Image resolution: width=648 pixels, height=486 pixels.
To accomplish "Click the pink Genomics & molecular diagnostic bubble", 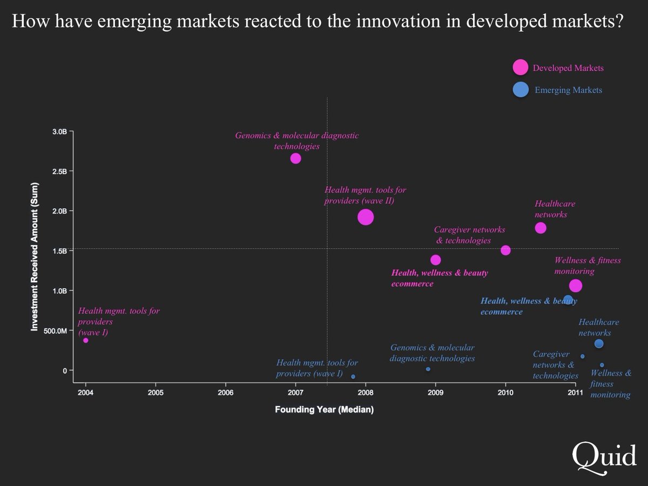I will (x=295, y=158).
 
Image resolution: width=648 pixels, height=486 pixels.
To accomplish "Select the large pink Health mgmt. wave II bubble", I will (x=366, y=217).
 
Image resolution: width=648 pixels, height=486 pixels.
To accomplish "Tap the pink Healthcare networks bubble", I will (x=541, y=228).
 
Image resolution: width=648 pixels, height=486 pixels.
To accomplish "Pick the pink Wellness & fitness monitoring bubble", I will (x=576, y=286).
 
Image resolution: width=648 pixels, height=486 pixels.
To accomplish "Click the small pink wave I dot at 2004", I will (x=85, y=340).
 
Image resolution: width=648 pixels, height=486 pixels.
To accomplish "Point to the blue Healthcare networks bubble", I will (x=599, y=344).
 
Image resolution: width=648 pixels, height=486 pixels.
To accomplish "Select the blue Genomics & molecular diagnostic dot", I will (x=428, y=369).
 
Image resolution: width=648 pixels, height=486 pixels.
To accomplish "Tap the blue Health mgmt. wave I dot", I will (x=353, y=377).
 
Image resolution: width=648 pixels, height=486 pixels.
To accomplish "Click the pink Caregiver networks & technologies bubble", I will (x=505, y=250).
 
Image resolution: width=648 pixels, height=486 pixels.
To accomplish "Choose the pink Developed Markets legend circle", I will (x=520, y=67).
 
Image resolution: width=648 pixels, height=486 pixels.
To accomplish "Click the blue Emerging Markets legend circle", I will (x=520, y=90).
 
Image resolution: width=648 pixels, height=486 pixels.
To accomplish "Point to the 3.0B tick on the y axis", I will (x=59, y=131).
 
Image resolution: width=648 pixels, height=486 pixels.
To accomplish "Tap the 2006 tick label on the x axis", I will (x=225, y=393).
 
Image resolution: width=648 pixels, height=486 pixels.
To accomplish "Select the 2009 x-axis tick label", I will (x=435, y=393).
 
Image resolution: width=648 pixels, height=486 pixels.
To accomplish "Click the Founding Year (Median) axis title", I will (x=324, y=410).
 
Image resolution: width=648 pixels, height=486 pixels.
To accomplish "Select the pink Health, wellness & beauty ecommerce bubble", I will (x=436, y=260).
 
